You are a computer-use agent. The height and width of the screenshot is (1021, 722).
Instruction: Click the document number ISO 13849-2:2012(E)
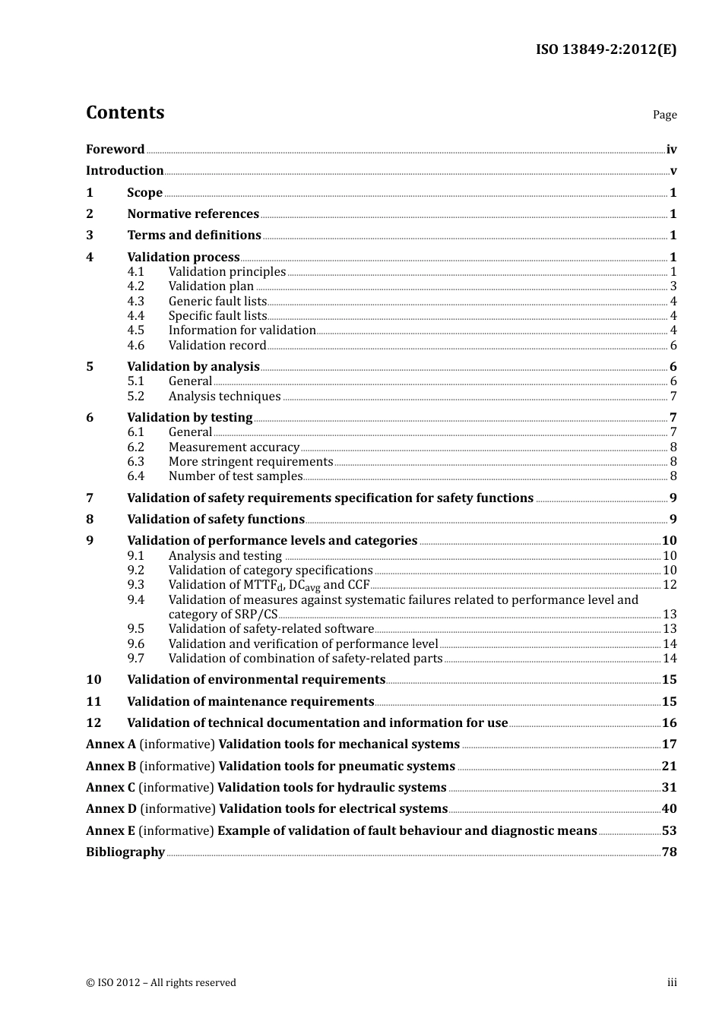pos(606,49)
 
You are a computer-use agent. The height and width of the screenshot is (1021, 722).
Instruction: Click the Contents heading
pos(125,112)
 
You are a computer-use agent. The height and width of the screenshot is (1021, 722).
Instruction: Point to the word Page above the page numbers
pos(664,115)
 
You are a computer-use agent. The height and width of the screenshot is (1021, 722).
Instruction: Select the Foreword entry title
pos(115,150)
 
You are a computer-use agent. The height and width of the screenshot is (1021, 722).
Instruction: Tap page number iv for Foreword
pos(671,150)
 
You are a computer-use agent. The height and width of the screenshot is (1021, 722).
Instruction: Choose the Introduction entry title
pos(125,171)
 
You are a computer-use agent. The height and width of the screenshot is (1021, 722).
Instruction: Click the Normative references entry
pos(193,214)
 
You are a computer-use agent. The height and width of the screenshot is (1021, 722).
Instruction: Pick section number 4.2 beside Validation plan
pos(135,286)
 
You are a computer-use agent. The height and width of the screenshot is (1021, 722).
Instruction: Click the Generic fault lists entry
pos(217,302)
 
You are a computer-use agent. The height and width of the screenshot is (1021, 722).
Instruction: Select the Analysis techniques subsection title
pos(224,397)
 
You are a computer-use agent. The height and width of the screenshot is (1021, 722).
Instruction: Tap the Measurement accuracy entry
pos(233,447)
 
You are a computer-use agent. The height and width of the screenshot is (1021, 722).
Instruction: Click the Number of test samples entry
pos(236,476)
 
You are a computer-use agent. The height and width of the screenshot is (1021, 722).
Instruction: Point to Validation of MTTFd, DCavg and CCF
pos(268,585)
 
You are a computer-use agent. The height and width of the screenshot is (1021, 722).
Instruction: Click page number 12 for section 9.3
pos(670,585)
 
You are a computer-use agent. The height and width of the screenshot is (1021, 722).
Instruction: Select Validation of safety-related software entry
pos(271,629)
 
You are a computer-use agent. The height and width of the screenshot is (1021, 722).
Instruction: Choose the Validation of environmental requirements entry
pos(256,680)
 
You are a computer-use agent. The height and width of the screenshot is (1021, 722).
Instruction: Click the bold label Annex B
pos(111,767)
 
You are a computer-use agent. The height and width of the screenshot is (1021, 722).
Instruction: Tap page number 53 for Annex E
pos(669,831)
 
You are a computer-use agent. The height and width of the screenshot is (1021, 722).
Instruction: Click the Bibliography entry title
pos(125,852)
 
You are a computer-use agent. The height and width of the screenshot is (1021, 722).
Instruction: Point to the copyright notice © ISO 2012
pos(161,983)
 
